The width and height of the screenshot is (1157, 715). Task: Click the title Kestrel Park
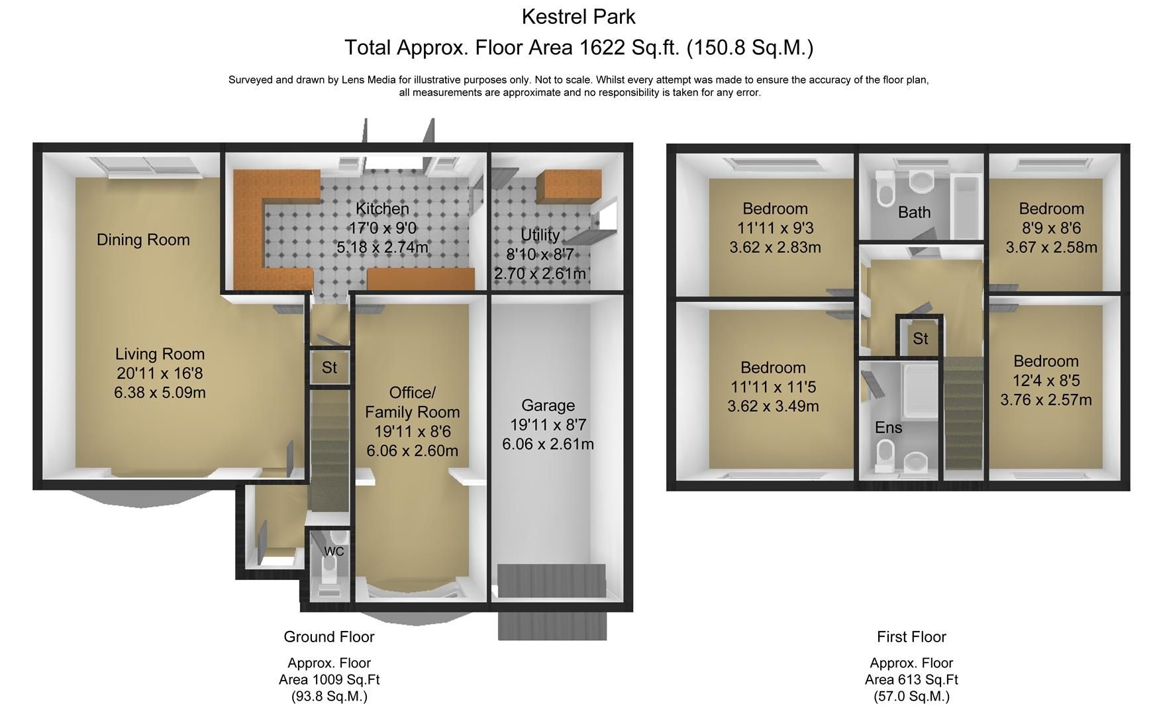[578, 17]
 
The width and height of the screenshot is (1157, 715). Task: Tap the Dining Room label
[143, 240]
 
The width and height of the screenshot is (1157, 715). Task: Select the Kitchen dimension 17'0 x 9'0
[382, 228]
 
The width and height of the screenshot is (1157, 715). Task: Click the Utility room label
[540, 235]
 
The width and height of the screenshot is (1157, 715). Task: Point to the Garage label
[548, 405]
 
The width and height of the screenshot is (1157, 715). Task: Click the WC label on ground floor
[334, 551]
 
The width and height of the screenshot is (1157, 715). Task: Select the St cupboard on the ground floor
[329, 367]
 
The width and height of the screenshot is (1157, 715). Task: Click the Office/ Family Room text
[412, 402]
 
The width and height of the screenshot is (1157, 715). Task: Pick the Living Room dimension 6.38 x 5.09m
[160, 393]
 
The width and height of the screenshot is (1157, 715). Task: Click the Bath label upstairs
[914, 213]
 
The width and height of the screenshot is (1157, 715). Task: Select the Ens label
[888, 428]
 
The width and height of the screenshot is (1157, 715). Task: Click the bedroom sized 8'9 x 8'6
[1051, 228]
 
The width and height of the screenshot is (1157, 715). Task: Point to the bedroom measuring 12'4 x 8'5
[1046, 380]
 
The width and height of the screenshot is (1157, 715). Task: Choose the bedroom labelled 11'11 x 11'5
[773, 387]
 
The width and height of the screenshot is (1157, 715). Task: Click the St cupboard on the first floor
[920, 338]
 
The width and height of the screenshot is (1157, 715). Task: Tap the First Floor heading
[911, 637]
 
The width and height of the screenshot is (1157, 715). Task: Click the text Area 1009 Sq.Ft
[328, 680]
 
